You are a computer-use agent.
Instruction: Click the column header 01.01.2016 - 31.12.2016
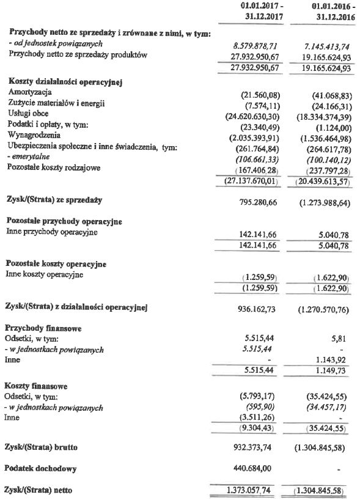click(328, 12)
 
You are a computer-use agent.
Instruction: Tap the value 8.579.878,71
click(261, 46)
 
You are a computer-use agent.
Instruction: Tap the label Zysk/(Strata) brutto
click(47, 448)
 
